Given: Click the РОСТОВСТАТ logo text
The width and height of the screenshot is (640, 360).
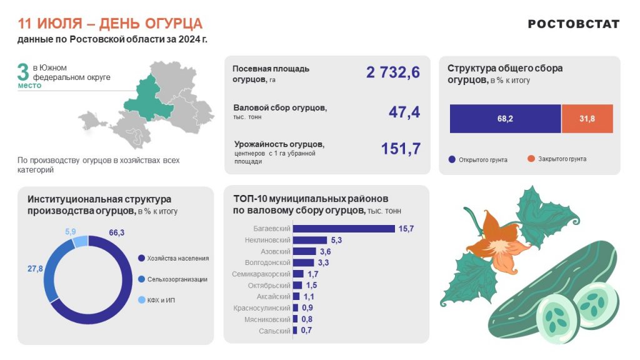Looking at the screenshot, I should pyautogui.click(x=573, y=24).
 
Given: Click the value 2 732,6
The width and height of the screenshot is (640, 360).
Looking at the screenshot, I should pyautogui.click(x=393, y=72).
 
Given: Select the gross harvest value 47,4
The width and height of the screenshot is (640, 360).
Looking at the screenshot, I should pyautogui.click(x=404, y=112).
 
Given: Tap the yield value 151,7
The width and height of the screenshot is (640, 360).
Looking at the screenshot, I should pyautogui.click(x=401, y=149).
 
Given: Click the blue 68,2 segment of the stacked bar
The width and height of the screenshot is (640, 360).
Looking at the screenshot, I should pyautogui.click(x=505, y=119).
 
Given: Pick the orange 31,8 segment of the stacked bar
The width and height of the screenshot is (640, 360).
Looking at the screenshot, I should pyautogui.click(x=587, y=119).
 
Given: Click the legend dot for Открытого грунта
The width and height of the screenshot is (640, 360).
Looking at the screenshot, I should pyautogui.click(x=452, y=159).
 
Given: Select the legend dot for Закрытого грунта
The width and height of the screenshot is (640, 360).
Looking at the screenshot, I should pyautogui.click(x=531, y=159).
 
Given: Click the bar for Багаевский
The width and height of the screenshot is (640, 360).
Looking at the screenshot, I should pyautogui.click(x=344, y=229).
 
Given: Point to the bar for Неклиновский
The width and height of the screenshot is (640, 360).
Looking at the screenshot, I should pyautogui.click(x=310, y=240).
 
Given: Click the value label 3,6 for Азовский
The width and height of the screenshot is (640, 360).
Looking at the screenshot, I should pyautogui.click(x=325, y=251).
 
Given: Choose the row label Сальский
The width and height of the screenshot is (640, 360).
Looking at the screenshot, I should pyautogui.click(x=274, y=331).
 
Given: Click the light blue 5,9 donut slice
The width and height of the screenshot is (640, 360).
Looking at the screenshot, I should pyautogui.click(x=80, y=242).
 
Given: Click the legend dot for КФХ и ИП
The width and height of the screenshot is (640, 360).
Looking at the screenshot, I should pyautogui.click(x=141, y=300).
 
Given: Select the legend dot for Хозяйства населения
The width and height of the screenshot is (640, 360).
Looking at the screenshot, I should pyautogui.click(x=141, y=257).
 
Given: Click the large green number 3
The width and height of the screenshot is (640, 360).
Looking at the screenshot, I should pyautogui.click(x=24, y=71).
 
